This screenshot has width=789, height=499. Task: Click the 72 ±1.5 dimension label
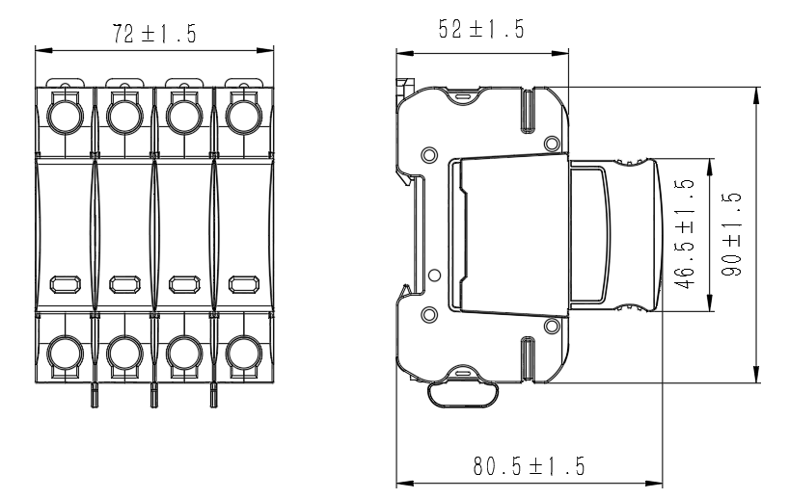[x=154, y=34]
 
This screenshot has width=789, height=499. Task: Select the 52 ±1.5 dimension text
[x=481, y=29]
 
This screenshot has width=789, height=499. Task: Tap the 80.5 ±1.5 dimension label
[x=529, y=466]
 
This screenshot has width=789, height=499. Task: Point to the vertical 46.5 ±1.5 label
[x=684, y=234]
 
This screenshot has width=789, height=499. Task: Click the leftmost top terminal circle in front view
[x=66, y=117]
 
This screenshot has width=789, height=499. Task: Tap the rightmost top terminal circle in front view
[x=243, y=117]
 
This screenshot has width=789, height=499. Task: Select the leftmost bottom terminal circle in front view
[x=66, y=354]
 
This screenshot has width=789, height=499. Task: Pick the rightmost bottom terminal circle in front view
[x=243, y=354]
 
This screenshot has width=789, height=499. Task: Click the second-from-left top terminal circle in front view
[x=124, y=117]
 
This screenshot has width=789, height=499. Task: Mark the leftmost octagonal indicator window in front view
[x=66, y=284]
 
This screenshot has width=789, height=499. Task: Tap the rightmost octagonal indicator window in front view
[x=244, y=284]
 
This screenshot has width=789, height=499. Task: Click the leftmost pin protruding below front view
[x=95, y=395]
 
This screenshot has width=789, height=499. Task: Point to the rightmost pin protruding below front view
[x=213, y=395]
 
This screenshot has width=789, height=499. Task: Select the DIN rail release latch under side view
[x=463, y=393]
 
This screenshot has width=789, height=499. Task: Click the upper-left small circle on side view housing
[x=429, y=155]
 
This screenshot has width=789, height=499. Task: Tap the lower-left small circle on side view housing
[x=429, y=315]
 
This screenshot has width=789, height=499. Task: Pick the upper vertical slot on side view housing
[x=528, y=111]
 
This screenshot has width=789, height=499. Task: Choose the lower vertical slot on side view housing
[x=528, y=358]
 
